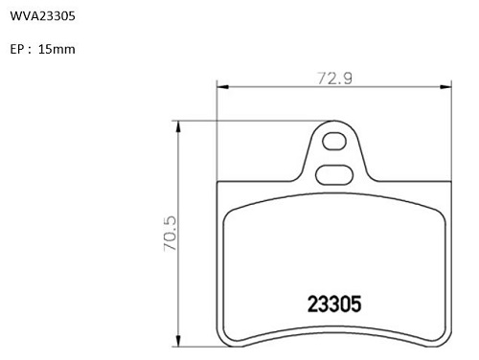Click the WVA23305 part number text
(x=42, y=16)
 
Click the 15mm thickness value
(x=57, y=49)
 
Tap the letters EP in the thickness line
(x=17, y=49)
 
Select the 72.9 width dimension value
(x=334, y=79)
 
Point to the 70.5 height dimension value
(x=170, y=234)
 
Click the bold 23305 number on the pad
(x=334, y=304)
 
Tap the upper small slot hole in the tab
(x=334, y=141)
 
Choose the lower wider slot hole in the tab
(x=334, y=174)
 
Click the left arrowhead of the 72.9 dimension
(x=223, y=87)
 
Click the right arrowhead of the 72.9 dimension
(x=445, y=87)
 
